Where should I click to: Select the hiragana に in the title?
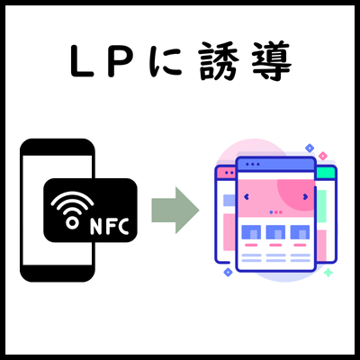pos(166,61)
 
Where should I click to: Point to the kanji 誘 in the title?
pos(218,61)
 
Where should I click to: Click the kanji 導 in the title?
pos(271,61)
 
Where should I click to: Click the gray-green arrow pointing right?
pos(175,210)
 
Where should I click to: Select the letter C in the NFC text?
pos(123,226)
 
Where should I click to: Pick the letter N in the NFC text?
pos(96,226)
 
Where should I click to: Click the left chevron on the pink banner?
pos(247,197)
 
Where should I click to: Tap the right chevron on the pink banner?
pos(305,197)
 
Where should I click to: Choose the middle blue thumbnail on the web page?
pos(275,232)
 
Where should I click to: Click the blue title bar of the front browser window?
pos(276,164)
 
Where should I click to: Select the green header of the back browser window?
pos(325,173)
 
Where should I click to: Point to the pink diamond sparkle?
pos(323,156)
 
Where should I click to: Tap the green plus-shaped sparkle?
pos(328,273)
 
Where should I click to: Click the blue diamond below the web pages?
pos(228,272)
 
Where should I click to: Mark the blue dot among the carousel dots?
pos(271,212)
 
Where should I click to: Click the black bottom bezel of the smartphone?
pos(58,274)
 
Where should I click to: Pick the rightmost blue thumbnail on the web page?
pos(300,232)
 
